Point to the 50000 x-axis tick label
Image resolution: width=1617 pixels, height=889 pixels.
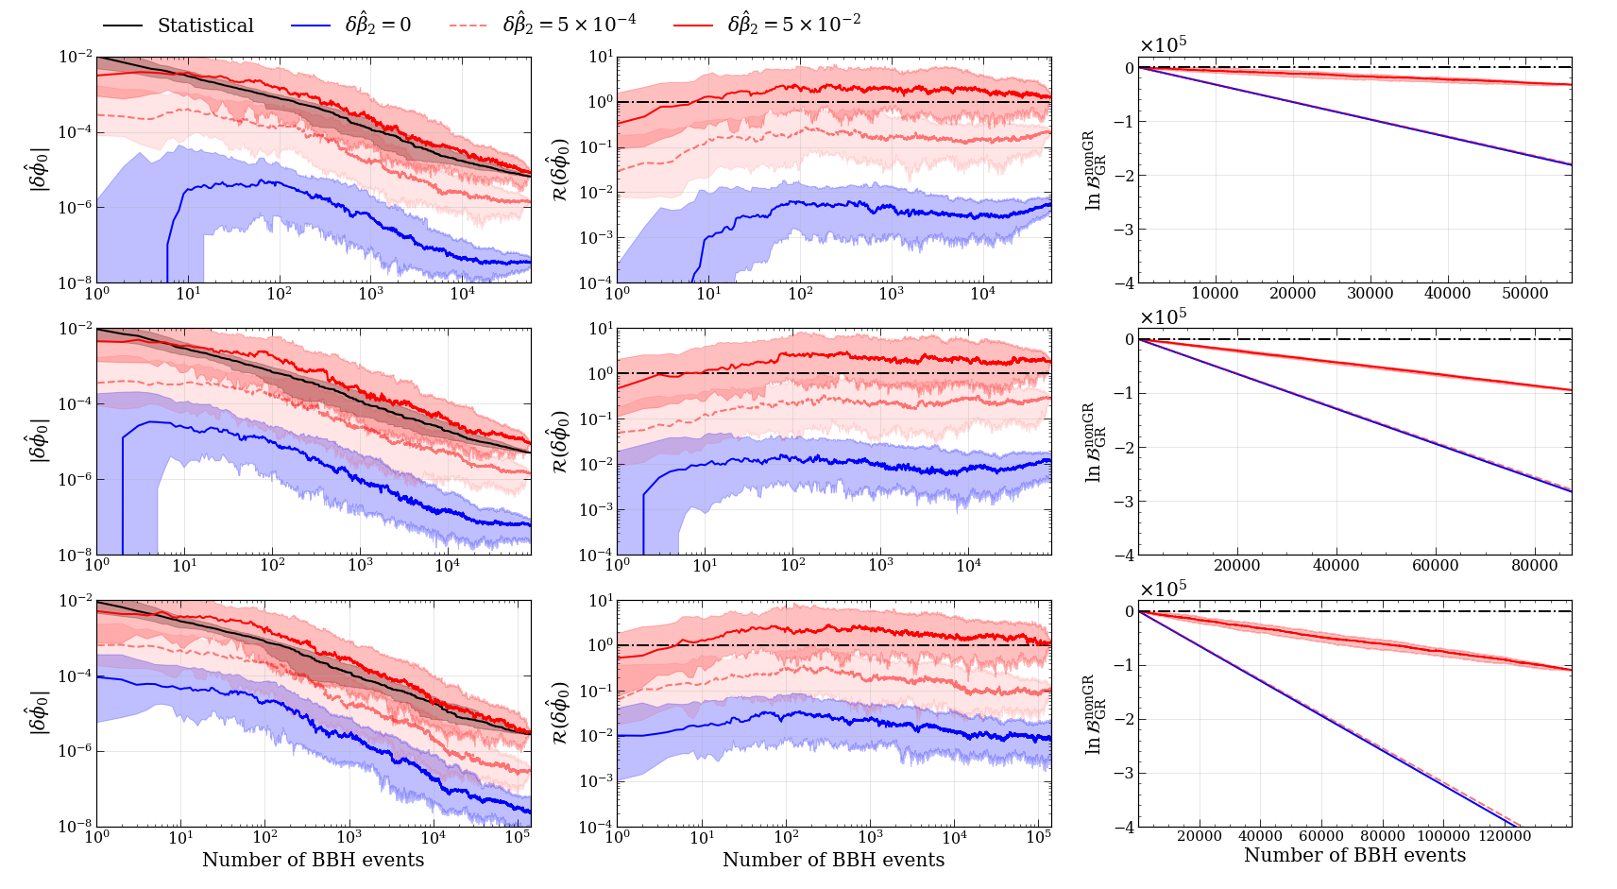pyautogui.click(x=1524, y=293)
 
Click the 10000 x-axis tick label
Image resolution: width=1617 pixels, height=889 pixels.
pyautogui.click(x=1215, y=293)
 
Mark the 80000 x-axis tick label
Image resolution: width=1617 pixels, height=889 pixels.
pyautogui.click(x=1535, y=565)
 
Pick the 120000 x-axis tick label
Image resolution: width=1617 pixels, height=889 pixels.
pyautogui.click(x=1505, y=835)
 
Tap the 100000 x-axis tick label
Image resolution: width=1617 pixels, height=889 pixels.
pyautogui.click(x=1443, y=835)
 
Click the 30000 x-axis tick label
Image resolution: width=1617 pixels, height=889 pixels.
pyautogui.click(x=1370, y=293)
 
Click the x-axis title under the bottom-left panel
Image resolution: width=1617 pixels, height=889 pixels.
pyautogui.click(x=313, y=860)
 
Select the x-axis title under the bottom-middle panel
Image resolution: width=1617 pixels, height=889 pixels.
pyautogui.click(x=833, y=860)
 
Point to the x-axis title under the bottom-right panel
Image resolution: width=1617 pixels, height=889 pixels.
pyautogui.click(x=1354, y=855)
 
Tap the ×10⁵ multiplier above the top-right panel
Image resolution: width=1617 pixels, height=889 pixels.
pyautogui.click(x=1163, y=44)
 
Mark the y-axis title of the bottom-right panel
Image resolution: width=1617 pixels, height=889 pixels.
pyautogui.click(x=1094, y=714)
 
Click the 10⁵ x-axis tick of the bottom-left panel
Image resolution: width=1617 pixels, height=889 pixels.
pyautogui.click(x=517, y=837)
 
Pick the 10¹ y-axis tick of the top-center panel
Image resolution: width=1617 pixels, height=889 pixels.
pyautogui.click(x=602, y=58)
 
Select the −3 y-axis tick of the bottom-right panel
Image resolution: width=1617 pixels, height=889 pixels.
pyautogui.click(x=1124, y=774)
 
